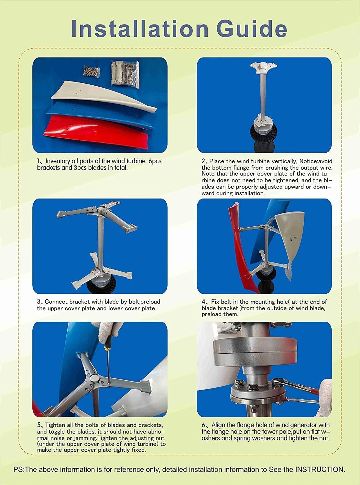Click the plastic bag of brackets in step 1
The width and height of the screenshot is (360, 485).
click(125, 73)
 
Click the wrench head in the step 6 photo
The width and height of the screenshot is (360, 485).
click(278, 383)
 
